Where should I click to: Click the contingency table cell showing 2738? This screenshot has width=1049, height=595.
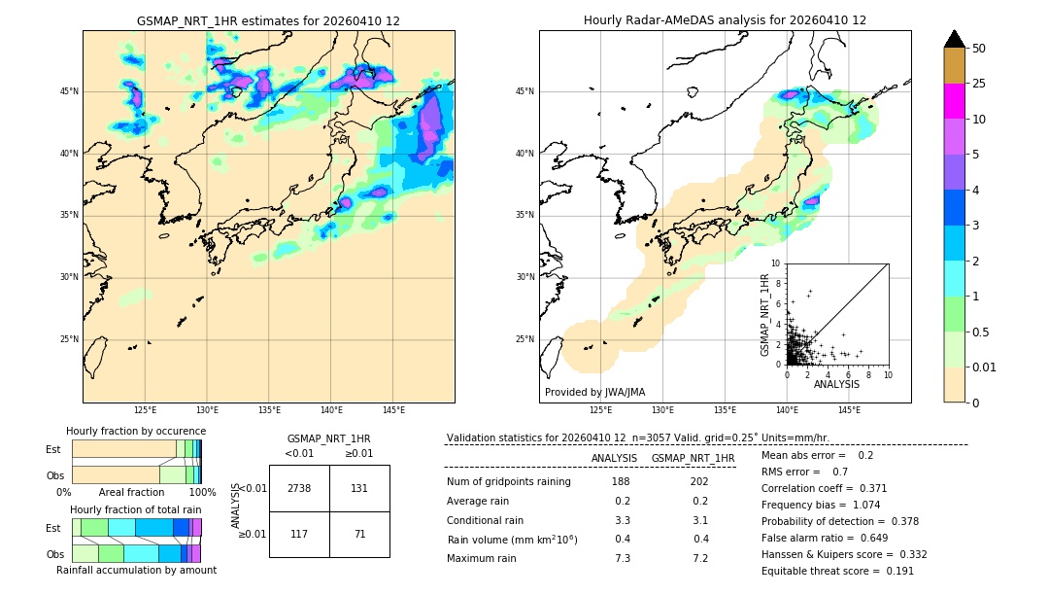298,488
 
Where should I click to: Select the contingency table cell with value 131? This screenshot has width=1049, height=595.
358,488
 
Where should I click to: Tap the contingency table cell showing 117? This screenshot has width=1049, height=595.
298,534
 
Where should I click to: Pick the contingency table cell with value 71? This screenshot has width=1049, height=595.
358,534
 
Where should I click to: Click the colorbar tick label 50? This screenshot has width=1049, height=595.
979,49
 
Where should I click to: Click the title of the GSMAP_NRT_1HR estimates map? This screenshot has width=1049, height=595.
268,20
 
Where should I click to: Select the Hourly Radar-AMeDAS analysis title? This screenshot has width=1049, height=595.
725,20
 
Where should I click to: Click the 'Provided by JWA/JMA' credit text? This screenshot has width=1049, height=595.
594,392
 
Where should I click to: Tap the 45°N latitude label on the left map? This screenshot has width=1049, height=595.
69,91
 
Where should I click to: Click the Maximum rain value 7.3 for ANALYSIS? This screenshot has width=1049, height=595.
623,558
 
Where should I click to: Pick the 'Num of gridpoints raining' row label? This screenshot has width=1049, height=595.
508,482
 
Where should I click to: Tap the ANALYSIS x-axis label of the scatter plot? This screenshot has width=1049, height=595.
836,384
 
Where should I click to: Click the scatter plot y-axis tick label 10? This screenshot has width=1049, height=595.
775,263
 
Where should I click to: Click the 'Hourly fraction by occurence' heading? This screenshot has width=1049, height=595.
136,431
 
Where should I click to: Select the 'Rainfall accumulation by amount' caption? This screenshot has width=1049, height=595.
136,570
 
